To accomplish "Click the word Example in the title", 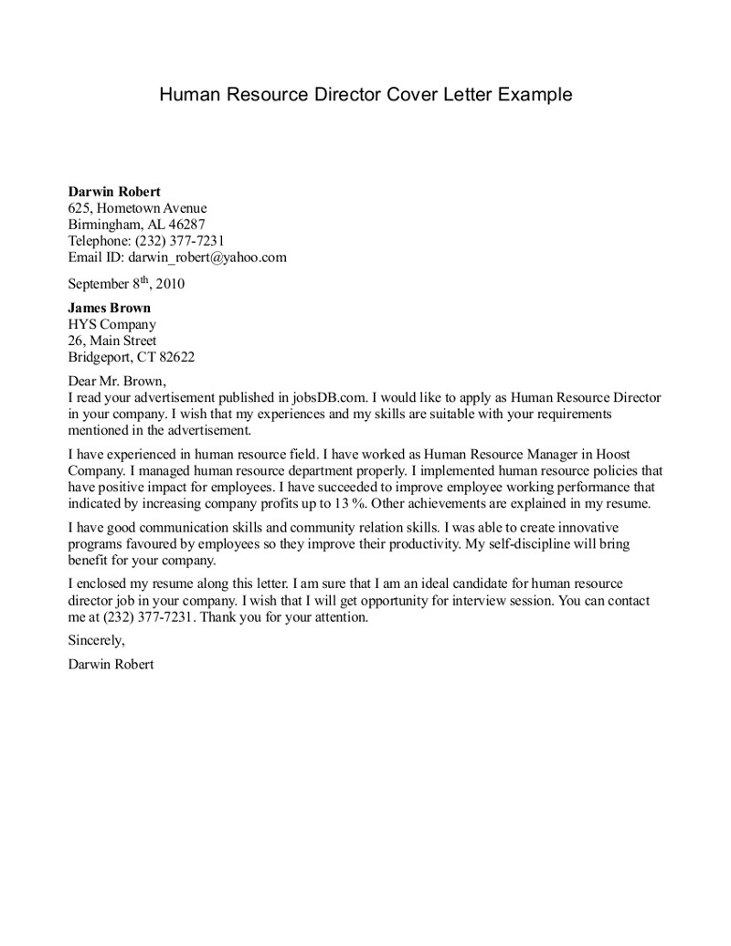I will click(536, 94).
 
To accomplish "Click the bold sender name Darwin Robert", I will click(114, 192).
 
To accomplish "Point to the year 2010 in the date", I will click(169, 283).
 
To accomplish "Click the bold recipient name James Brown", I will click(109, 308).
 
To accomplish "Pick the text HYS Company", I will click(111, 324).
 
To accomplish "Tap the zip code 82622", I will click(175, 357).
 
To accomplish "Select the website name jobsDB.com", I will click(330, 398).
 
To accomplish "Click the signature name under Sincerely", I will click(111, 665).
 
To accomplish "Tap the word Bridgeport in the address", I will click(101, 357).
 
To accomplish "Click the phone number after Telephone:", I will click(179, 241).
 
